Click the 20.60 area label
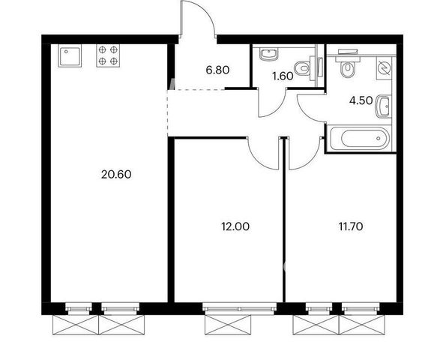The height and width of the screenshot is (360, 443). click(116, 174)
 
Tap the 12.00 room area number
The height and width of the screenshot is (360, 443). click(235, 226)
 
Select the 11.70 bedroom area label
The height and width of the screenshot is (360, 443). click(351, 226)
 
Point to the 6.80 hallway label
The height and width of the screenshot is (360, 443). click(217, 70)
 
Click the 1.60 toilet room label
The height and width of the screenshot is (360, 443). click(283, 76)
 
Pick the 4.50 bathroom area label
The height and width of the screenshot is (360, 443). click(361, 100)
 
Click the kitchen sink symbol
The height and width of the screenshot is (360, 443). click(70, 55)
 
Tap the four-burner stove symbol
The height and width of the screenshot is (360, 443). click(108, 55)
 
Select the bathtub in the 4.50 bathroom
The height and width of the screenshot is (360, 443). click(359, 138)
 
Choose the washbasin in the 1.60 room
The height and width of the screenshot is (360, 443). click(269, 55)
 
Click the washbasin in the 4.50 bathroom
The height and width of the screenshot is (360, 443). click(383, 106)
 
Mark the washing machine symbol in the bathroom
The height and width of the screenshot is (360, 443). click(384, 68)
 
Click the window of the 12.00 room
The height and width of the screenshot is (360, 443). click(240, 307)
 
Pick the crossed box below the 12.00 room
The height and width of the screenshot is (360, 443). click(228, 325)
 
